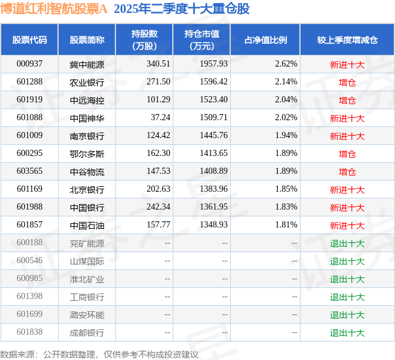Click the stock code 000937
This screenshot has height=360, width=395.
pyautogui.click(x=30, y=64)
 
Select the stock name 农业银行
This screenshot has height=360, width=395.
pyautogui.click(x=87, y=82)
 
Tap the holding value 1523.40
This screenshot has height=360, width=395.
pyautogui.click(x=214, y=100)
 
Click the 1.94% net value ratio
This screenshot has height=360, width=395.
pyautogui.click(x=286, y=136)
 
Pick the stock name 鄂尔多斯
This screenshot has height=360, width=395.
pyautogui.click(x=87, y=153)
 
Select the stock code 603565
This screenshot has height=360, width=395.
pyautogui.click(x=30, y=171)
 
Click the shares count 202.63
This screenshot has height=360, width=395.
pyautogui.click(x=158, y=189)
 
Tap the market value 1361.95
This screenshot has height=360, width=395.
pyautogui.click(x=214, y=207)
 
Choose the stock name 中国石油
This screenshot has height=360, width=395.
pyautogui.click(x=87, y=225)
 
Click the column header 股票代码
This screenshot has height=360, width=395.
pyautogui.click(x=30, y=39)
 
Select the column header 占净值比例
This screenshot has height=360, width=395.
pyautogui.click(x=265, y=39)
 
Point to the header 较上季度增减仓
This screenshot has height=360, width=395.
pyautogui.click(x=347, y=39)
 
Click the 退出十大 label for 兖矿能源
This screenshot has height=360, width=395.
pyautogui.click(x=347, y=243)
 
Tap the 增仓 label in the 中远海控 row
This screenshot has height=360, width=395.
pyautogui.click(x=347, y=100)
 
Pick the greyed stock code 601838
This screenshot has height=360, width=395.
pyautogui.click(x=30, y=332)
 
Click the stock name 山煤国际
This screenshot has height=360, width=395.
pyautogui.click(x=87, y=261)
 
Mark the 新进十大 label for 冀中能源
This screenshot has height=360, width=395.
pyautogui.click(x=347, y=64)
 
